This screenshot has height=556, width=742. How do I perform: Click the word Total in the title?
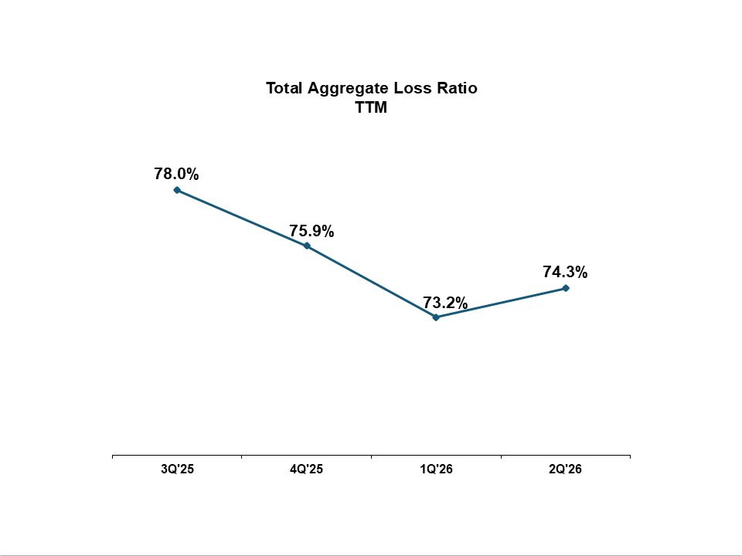coord(284,88)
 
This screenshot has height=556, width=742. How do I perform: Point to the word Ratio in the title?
coord(457,88)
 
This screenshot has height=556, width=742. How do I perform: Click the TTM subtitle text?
coord(372,107)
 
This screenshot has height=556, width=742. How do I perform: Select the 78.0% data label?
coord(176,174)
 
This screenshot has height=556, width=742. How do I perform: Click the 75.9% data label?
coord(311,231)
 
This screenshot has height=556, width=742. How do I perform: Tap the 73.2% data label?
coord(445,303)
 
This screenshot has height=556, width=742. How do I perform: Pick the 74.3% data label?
coord(565,272)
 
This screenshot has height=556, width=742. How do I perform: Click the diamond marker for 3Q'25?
coord(177,190)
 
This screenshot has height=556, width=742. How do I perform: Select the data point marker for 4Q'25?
coord(307,246)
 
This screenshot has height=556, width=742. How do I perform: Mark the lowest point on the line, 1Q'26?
coord(436,317)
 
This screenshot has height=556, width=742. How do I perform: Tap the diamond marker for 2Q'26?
coord(566,288)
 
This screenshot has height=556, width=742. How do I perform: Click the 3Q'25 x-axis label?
coord(178,469)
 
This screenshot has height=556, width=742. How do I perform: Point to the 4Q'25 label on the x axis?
coord(307,469)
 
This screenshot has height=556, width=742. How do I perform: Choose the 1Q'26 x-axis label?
coord(436,469)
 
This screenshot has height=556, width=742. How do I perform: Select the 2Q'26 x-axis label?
coord(566,469)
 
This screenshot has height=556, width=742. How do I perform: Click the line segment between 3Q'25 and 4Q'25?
coord(242,218)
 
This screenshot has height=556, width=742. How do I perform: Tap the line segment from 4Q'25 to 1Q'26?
coord(372,282)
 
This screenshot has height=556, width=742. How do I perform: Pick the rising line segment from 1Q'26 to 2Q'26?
coord(501,303)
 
